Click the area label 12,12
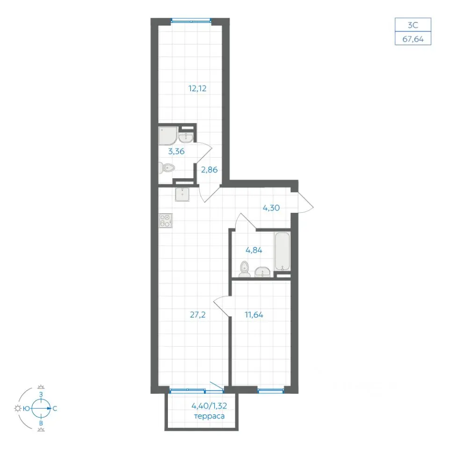[197, 88]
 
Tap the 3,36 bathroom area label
[176, 152]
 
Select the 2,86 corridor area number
[210, 170]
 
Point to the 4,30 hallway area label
[271, 208]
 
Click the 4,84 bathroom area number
[254, 250]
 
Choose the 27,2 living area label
[198, 315]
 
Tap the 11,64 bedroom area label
[254, 315]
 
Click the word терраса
[209, 416]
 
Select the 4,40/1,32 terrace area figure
[209, 406]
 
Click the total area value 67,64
[413, 39]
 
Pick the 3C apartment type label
[413, 25]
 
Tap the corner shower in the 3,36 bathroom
[168, 136]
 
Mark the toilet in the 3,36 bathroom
[167, 168]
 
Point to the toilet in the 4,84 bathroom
[245, 269]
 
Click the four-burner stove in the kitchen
[166, 221]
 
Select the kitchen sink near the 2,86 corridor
[182, 195]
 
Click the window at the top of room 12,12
[191, 21]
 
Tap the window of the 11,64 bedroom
[271, 390]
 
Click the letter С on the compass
[55, 409]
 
